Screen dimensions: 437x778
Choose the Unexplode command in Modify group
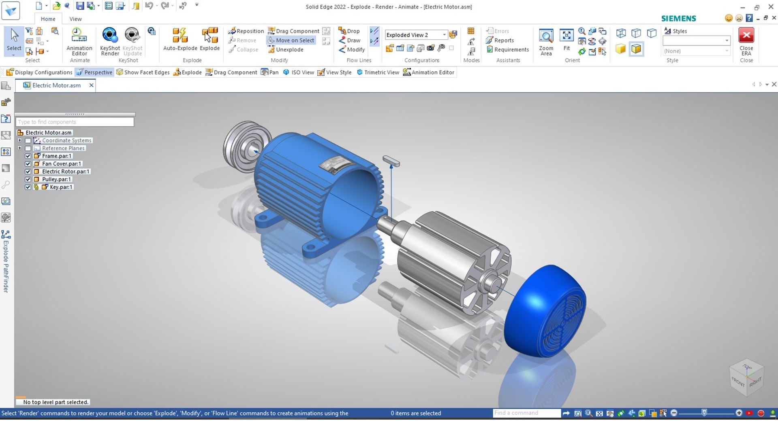(x=289, y=50)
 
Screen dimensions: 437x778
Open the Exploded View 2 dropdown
(x=445, y=35)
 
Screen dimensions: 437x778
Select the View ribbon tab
(x=75, y=19)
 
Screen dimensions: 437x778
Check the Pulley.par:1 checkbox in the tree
(x=28, y=179)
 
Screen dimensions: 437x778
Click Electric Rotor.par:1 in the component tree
(x=65, y=172)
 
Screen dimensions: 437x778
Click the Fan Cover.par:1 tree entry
(x=61, y=164)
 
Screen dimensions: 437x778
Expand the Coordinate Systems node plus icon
(x=19, y=140)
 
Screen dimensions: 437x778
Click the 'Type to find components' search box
(x=75, y=122)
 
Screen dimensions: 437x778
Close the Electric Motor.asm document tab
(x=92, y=85)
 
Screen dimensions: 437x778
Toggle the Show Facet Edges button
(x=143, y=72)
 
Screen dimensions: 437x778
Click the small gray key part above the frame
(x=391, y=161)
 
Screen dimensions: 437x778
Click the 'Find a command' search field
(x=526, y=413)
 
